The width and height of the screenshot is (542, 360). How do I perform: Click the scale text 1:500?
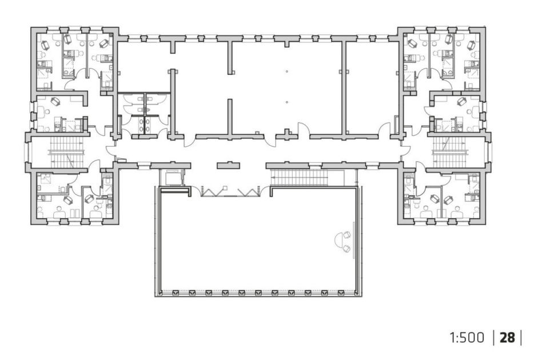click(467, 338)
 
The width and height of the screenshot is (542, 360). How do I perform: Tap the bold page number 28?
click(507, 338)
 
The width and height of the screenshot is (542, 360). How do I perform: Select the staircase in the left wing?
click(66, 152)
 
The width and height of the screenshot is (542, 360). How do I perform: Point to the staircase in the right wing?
click(450, 152)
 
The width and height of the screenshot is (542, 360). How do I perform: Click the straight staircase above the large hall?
click(300, 178)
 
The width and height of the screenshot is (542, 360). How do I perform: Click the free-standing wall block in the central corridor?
click(228, 165)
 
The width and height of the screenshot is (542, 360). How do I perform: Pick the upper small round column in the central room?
click(286, 71)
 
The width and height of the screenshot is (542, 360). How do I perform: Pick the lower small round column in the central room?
click(286, 102)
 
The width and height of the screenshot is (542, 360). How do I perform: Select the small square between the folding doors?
click(225, 188)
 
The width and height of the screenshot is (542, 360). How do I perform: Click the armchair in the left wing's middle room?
click(55, 102)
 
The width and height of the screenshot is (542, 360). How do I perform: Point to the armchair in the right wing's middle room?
click(461, 102)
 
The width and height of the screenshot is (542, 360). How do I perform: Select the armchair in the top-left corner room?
click(45, 45)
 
